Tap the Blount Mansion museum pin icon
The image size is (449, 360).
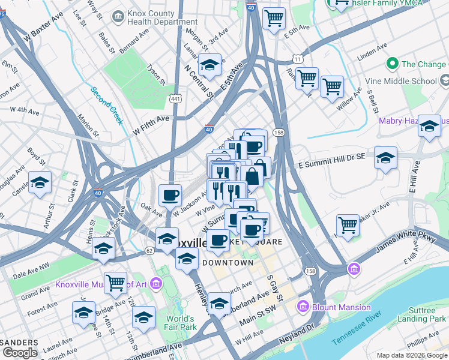[303, 307]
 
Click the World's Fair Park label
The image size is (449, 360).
[181, 323]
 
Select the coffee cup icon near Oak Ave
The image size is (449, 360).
[170, 194]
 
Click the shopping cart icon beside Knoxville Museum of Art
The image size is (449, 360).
[115, 281]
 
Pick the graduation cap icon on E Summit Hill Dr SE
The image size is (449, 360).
[386, 157]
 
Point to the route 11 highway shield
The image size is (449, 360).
[297, 58]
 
